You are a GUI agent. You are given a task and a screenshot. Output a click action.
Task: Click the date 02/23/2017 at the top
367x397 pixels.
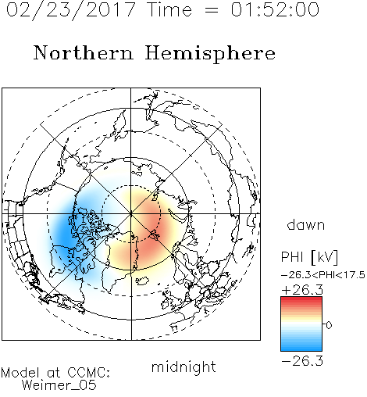click(71, 10)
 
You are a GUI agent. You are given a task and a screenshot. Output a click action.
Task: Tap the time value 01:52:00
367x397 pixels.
click(275, 9)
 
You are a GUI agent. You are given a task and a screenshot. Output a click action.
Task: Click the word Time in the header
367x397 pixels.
click(169, 9)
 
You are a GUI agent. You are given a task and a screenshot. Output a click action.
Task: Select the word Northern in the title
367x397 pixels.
click(84, 52)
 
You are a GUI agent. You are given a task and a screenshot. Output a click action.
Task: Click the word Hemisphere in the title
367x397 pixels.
click(210, 54)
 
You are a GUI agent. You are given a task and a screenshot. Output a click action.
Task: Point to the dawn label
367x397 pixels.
click(306, 224)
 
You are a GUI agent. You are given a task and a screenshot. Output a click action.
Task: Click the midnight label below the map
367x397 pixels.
click(183, 367)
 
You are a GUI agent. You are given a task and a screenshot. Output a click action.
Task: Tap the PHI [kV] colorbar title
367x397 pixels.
click(309, 257)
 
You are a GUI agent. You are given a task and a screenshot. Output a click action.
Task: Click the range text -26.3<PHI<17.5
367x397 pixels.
click(323, 275)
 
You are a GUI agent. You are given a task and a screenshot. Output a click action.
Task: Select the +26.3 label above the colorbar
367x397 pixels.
click(302, 290)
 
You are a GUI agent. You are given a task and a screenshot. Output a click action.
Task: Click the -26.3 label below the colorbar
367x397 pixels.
click(302, 361)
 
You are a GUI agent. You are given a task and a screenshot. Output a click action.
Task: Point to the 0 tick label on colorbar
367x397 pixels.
click(329, 325)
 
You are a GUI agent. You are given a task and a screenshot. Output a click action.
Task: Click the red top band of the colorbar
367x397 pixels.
click(301, 299)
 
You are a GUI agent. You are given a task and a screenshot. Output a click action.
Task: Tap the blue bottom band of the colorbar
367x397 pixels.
click(301, 348)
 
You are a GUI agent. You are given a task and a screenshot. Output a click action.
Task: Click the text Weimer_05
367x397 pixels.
click(59, 385)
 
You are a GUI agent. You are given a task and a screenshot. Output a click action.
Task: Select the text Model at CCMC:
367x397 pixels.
click(55, 373)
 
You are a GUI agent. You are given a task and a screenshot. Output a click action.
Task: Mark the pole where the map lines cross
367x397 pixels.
click(131, 213)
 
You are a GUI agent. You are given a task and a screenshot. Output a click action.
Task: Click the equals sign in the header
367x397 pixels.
click(212, 10)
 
